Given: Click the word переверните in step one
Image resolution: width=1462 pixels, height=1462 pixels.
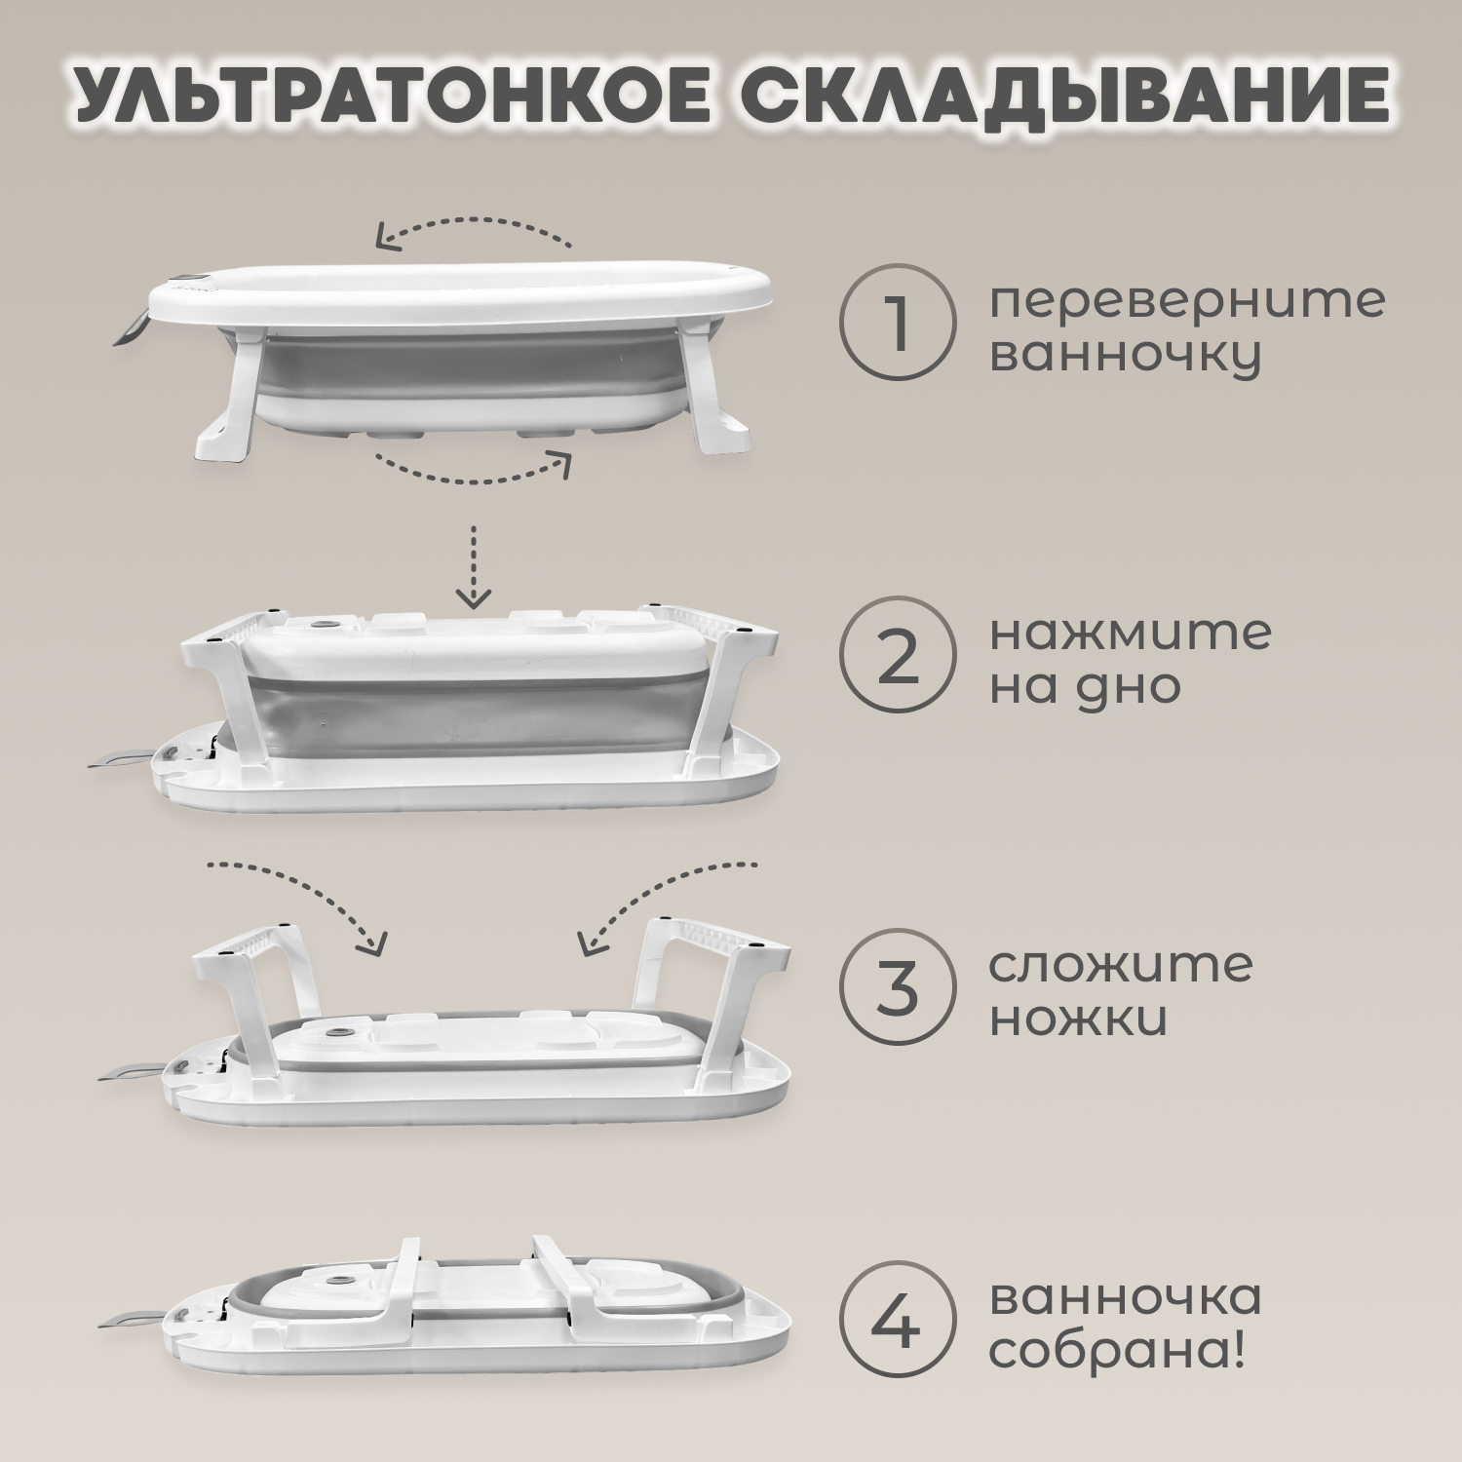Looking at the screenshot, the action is point(1186,301).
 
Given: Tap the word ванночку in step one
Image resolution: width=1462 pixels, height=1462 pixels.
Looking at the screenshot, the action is point(1125,356).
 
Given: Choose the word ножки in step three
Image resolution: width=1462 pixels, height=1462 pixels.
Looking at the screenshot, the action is point(1078,1019).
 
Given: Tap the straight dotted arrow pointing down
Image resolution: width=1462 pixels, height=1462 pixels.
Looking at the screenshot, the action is point(474,566).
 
